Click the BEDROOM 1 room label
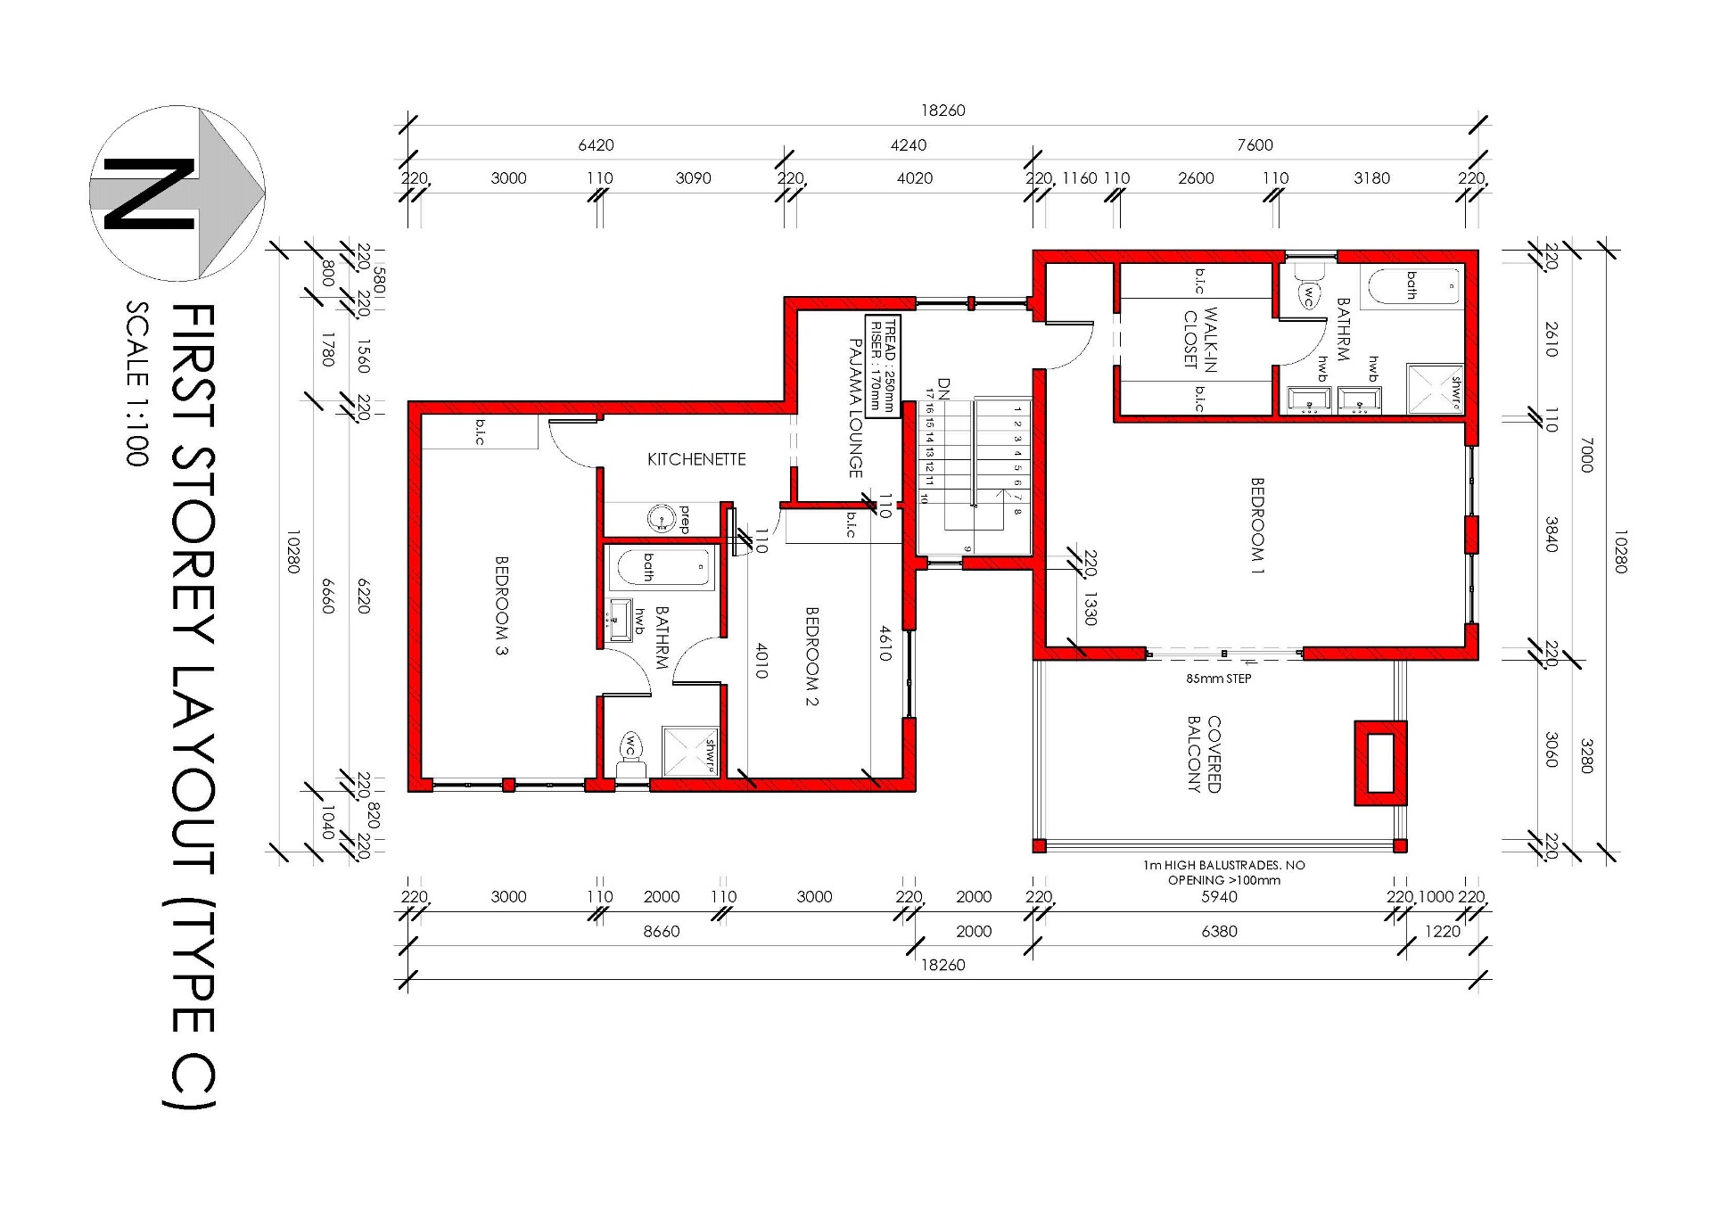1257,525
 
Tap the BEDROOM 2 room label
811,656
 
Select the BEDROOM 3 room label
501,605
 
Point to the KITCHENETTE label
696,459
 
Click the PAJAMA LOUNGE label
855,408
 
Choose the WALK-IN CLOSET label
1200,339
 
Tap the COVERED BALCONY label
1204,754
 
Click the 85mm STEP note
1218,679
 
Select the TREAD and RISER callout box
883,366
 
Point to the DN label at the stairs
944,388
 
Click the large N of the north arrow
149,193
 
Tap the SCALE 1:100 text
136,383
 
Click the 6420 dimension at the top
596,144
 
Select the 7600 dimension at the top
1255,144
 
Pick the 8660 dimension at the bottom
662,931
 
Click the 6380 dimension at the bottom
1219,931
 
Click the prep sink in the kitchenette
661,518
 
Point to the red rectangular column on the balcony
1380,763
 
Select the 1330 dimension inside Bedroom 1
1090,608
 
